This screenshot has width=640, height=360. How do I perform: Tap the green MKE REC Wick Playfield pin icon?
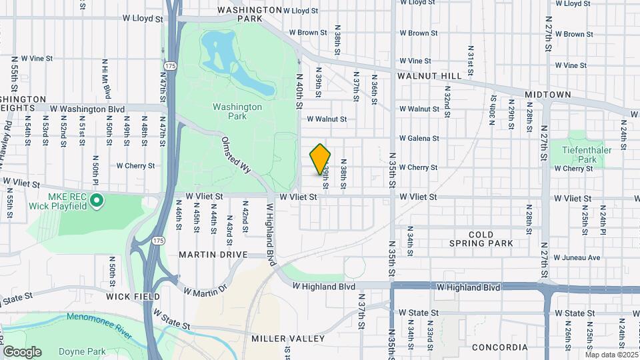pos(97,199)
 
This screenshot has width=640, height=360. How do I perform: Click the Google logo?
pos(22,351)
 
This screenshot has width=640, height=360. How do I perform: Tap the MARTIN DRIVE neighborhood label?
pos(213,255)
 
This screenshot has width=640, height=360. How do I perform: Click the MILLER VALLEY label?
pos(288,339)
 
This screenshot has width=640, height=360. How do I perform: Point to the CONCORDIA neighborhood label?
pos(499,347)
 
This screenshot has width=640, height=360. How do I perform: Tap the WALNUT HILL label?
pos(429,76)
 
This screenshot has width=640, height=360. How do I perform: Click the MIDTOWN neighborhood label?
pos(547,95)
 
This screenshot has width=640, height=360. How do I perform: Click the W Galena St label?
pos(419,138)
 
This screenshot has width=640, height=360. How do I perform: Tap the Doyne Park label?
pos(82,351)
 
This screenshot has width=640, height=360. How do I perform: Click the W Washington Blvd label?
pos(87,109)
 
